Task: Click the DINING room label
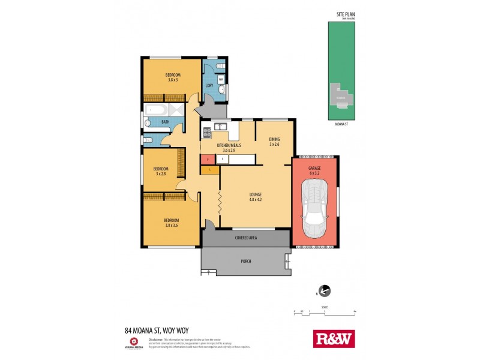tap(274, 139)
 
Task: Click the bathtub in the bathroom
tap(156, 110)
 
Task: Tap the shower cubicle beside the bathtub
tap(178, 110)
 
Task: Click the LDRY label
tap(209, 86)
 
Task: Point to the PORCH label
tap(245, 262)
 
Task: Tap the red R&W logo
tap(334, 338)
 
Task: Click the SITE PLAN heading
tap(341, 16)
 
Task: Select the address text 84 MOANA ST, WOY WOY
tap(158, 331)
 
